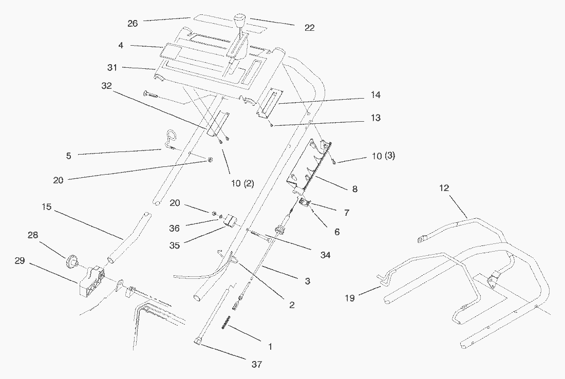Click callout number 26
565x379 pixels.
133,23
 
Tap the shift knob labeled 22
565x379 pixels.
239,23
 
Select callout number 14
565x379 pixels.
374,95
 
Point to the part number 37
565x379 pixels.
257,365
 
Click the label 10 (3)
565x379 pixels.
383,156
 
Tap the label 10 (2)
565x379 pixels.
242,183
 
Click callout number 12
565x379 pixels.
444,188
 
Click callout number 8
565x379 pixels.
354,189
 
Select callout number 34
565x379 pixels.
324,254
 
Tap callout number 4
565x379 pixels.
121,45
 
